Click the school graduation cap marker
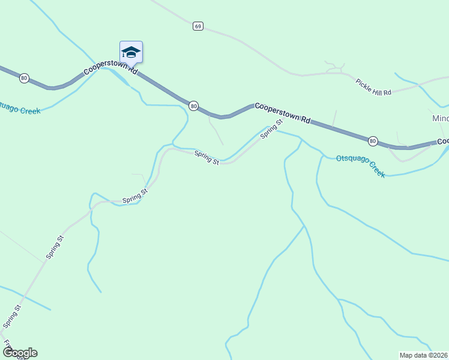coord(131,52)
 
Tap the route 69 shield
coord(198,26)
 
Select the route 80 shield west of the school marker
coord(24,78)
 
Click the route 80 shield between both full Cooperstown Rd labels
coord(193,106)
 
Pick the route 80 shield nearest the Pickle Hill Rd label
coord(373,141)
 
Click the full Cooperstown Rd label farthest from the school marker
coord(282,112)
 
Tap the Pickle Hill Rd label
coord(373,87)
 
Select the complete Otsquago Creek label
coord(360,164)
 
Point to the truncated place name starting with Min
coord(440,118)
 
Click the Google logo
coord(19,353)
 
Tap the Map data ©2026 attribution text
coord(423,355)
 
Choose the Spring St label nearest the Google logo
coord(12,316)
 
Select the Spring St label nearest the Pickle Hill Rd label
coord(271,129)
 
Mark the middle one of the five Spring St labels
coord(135,196)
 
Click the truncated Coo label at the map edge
coord(443,141)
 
